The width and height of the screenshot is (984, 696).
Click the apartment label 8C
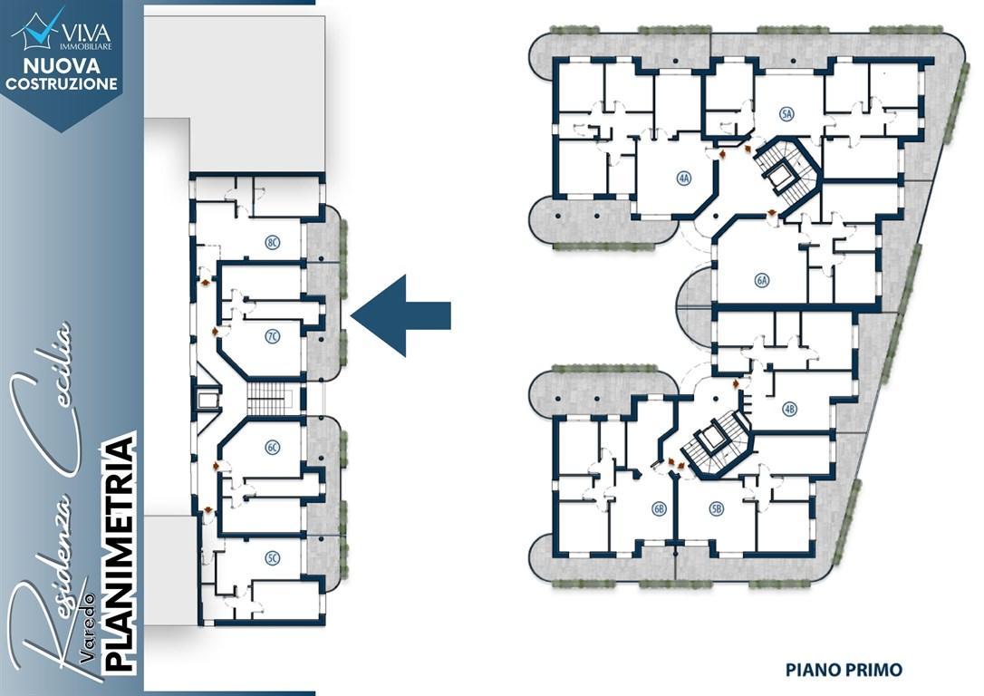point(273,243)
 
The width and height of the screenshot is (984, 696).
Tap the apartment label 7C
point(273,337)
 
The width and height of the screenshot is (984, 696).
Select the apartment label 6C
point(273,448)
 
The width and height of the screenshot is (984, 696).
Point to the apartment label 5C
point(273,557)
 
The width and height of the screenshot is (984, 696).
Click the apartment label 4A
point(684,179)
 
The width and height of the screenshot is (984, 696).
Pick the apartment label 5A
point(786,113)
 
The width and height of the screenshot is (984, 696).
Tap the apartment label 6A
point(762,281)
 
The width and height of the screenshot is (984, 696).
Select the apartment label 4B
point(789,410)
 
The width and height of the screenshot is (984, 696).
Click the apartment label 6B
point(659,509)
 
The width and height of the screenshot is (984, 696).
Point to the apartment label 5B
point(717,509)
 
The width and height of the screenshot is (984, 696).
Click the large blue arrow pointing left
point(400,315)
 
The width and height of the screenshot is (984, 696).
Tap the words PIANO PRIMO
point(844,670)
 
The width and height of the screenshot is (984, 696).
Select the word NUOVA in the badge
point(62,66)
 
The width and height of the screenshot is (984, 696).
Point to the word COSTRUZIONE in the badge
point(62,83)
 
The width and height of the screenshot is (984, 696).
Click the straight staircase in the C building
point(271,399)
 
